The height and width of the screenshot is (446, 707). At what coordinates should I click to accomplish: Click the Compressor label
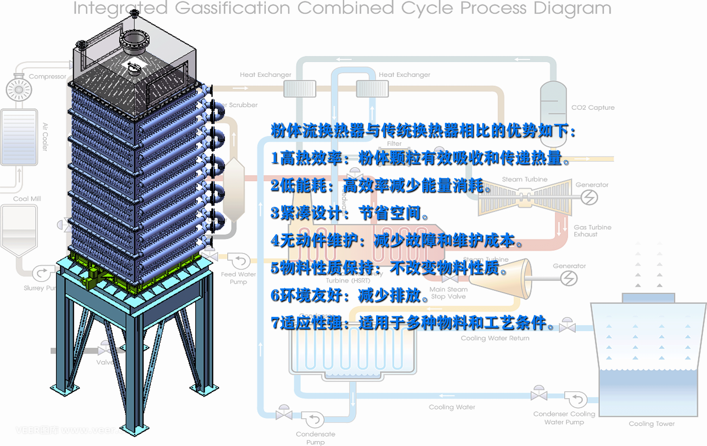coord(47,76)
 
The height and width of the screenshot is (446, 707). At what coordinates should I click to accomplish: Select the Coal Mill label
coord(27,199)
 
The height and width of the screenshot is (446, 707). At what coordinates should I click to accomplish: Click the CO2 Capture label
coord(593,107)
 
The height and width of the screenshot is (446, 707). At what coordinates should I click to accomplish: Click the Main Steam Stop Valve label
coord(448,293)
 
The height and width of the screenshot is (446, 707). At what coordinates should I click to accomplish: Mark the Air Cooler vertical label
coord(45,137)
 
